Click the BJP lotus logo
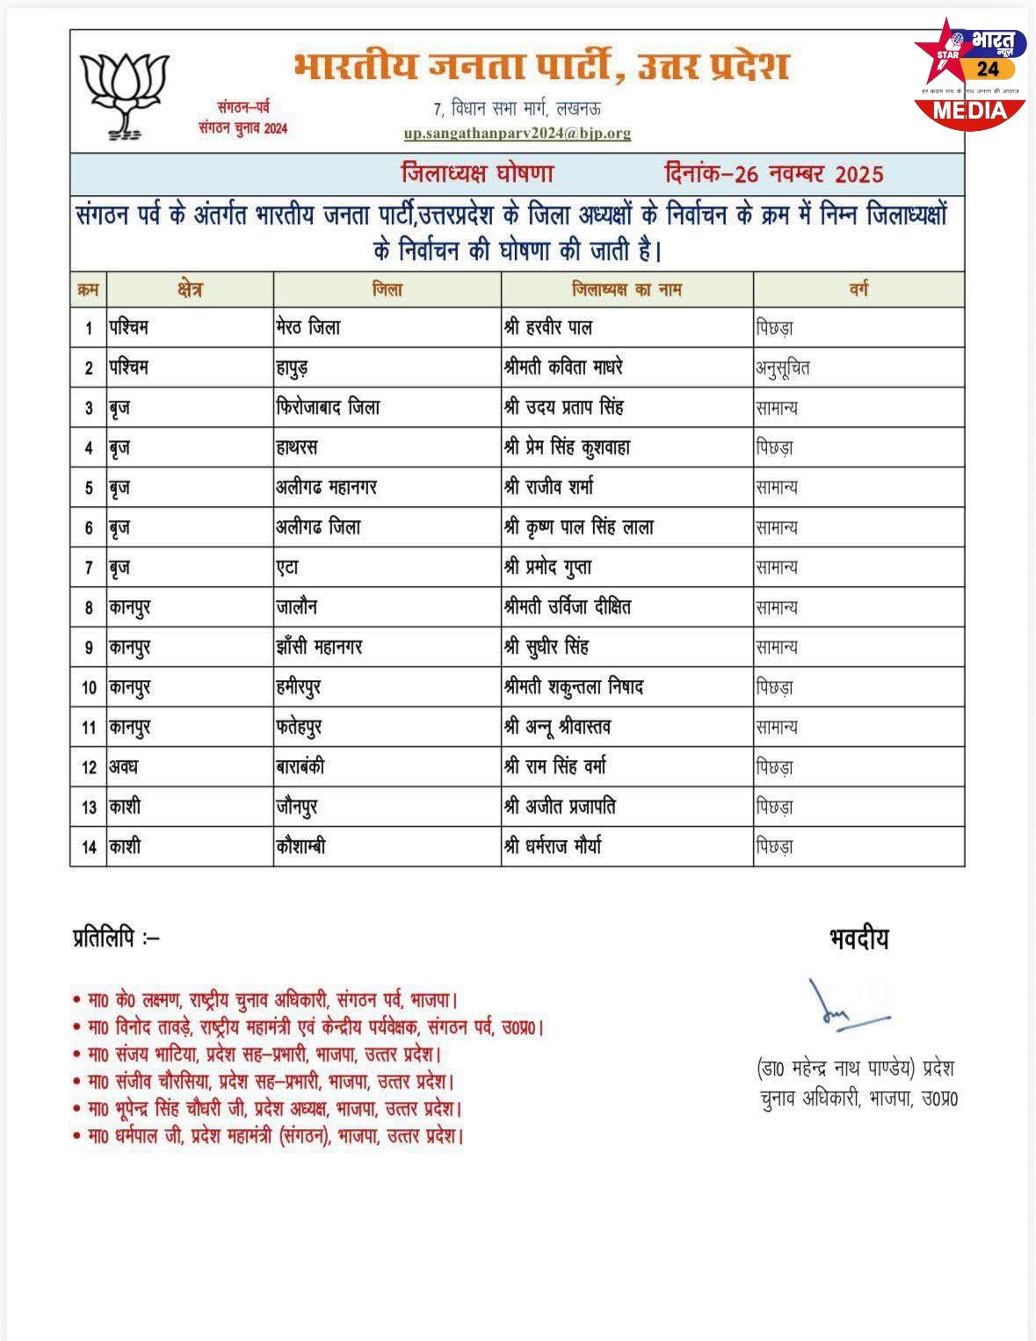coord(123,95)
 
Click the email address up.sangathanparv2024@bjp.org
coord(518,134)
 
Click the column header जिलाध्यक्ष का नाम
coord(627,289)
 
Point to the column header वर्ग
coord(859,289)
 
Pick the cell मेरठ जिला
coord(308,328)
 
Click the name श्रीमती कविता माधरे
coord(563,367)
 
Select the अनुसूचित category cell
coord(783,368)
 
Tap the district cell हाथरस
coord(297,447)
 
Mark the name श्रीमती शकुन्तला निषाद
coord(574,686)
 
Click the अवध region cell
coord(124,766)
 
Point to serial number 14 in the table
coord(89,847)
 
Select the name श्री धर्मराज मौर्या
coord(553,847)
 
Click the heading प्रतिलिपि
coord(115,939)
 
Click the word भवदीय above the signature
coord(858,939)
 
